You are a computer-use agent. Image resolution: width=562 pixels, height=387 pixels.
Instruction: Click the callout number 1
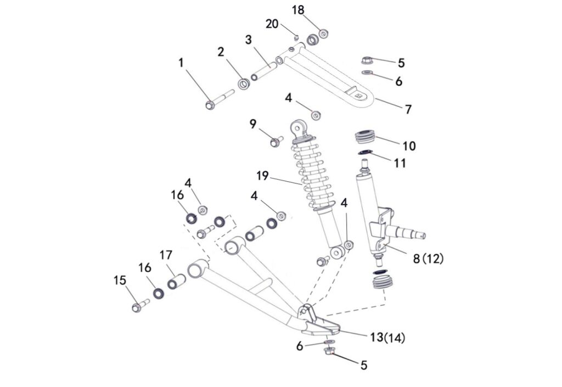click(181, 63)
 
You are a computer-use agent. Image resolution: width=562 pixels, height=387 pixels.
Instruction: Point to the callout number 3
click(249, 40)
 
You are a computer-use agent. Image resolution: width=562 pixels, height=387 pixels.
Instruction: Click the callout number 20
click(272, 24)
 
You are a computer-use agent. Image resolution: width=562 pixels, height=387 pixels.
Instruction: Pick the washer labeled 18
click(323, 34)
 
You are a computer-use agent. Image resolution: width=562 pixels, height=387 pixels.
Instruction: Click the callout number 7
click(408, 109)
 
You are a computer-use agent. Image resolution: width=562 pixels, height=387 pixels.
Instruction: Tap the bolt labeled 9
click(276, 142)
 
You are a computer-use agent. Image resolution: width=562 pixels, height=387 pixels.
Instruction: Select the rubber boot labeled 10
click(364, 137)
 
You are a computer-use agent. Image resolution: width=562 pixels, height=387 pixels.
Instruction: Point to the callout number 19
click(262, 176)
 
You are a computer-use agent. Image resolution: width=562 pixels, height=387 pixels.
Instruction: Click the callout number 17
click(166, 255)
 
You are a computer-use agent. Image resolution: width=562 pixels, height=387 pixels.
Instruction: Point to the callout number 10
click(409, 146)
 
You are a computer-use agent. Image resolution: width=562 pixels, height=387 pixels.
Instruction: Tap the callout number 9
click(253, 124)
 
